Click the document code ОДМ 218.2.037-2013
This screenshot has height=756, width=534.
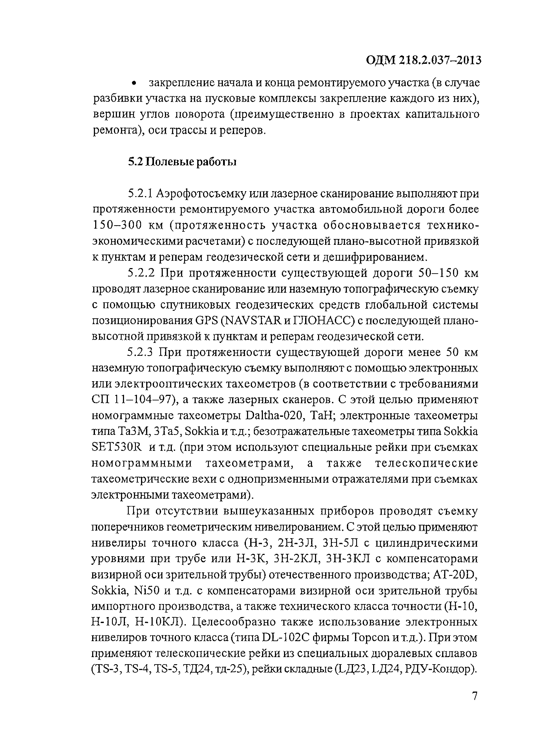click(x=424, y=60)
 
